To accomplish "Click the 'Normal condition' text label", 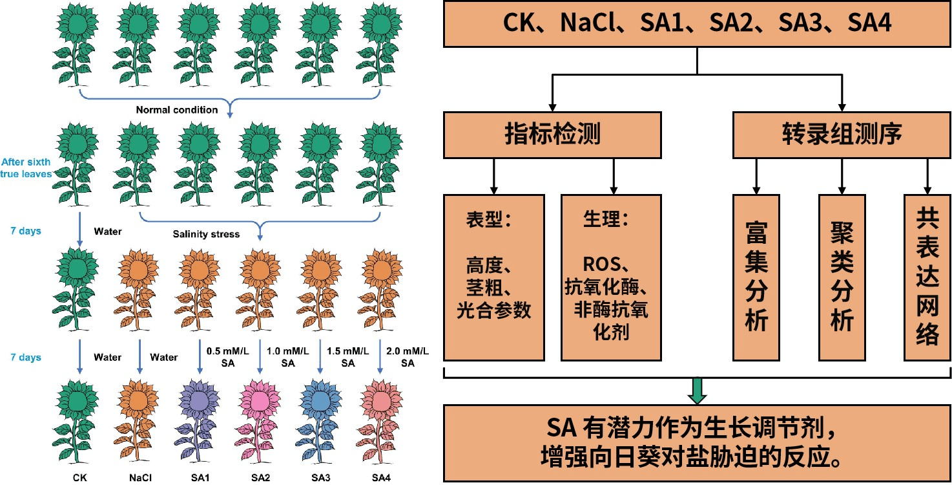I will [x=176, y=110].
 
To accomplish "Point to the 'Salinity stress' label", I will [x=206, y=233].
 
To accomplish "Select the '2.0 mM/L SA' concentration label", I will [x=407, y=357].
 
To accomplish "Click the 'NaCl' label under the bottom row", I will [x=140, y=479].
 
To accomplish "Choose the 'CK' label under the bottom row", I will [x=79, y=479].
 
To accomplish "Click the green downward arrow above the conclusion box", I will [x=698, y=390].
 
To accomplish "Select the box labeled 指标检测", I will [x=552, y=135].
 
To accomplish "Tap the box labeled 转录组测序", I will [x=842, y=135].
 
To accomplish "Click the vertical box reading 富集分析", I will [x=755, y=277].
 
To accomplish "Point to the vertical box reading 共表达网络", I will [x=927, y=277].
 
